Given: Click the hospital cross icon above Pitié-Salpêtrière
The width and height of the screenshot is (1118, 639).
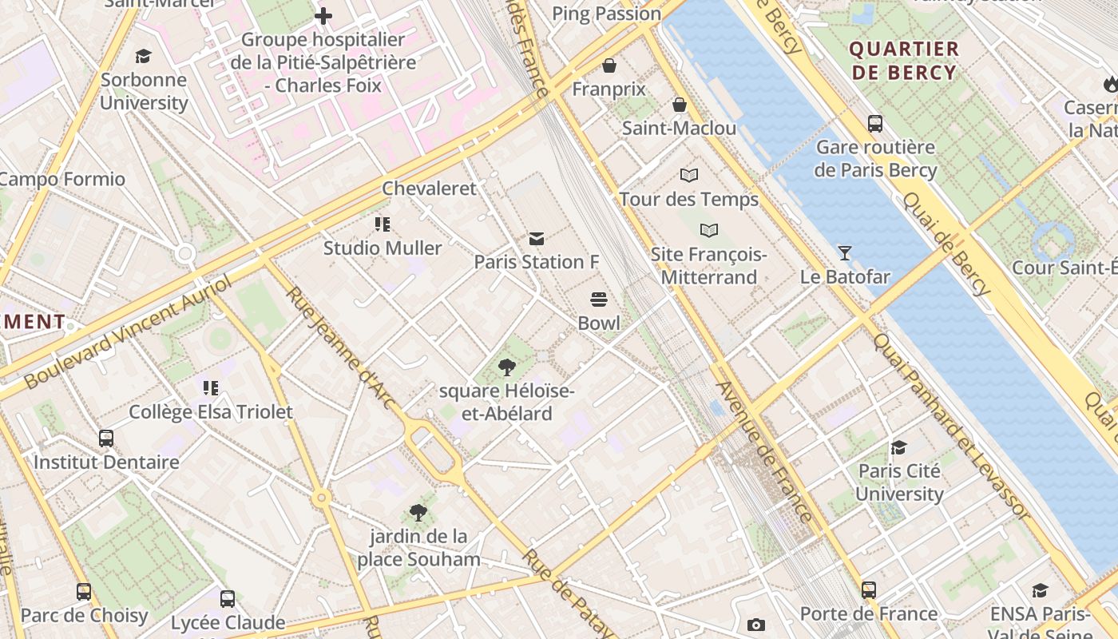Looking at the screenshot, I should tap(323, 16).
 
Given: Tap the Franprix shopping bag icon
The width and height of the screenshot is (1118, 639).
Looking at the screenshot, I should tap(609, 65).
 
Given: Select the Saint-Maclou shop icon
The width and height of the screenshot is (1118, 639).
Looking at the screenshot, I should tap(680, 105).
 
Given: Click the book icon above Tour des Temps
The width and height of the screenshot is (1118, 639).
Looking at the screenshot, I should tap(689, 175).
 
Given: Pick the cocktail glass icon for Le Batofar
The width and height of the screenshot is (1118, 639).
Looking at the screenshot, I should tap(845, 253).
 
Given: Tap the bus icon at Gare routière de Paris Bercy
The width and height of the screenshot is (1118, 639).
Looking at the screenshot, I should tap(875, 124).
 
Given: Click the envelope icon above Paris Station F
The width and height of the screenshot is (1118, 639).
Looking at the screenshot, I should tap(537, 238).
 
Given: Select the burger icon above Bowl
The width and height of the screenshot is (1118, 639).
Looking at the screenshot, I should tap(599, 300).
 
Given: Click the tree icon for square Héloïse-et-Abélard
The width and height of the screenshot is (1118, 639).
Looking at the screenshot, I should tap(506, 367).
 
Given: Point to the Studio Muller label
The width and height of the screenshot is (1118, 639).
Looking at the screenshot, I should tap(383, 248).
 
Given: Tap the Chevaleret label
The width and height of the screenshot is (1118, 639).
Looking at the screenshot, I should tap(429, 189).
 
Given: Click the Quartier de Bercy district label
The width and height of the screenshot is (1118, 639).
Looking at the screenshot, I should tap(903, 61).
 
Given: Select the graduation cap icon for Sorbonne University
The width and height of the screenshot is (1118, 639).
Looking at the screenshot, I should tap(144, 56).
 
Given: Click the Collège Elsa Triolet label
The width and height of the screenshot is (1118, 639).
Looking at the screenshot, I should tap(211, 412).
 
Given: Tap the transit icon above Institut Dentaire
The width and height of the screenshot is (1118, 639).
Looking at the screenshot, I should tap(106, 439).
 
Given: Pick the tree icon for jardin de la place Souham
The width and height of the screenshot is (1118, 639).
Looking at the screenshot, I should tap(418, 513).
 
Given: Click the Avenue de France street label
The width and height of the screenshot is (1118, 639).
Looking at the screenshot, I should tap(765, 451).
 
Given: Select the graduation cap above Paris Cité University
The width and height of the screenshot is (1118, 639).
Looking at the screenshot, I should tap(899, 447).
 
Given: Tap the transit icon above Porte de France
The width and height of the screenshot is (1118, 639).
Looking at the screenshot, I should tap(869, 590).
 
